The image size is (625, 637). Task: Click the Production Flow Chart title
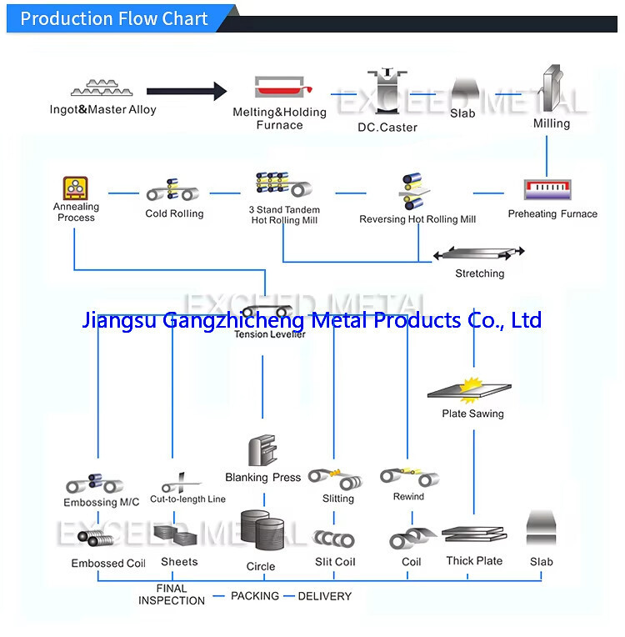(x=114, y=18)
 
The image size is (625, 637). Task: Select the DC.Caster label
(x=387, y=127)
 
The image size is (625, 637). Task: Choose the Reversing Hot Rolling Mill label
(x=417, y=219)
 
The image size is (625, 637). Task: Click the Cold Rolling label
(x=174, y=213)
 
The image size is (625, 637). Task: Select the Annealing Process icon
(x=76, y=187)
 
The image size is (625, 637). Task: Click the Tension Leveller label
(x=269, y=334)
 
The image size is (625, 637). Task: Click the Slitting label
(x=338, y=499)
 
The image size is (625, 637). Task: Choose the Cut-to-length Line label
(x=187, y=499)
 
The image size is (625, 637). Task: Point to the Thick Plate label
(x=474, y=561)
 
